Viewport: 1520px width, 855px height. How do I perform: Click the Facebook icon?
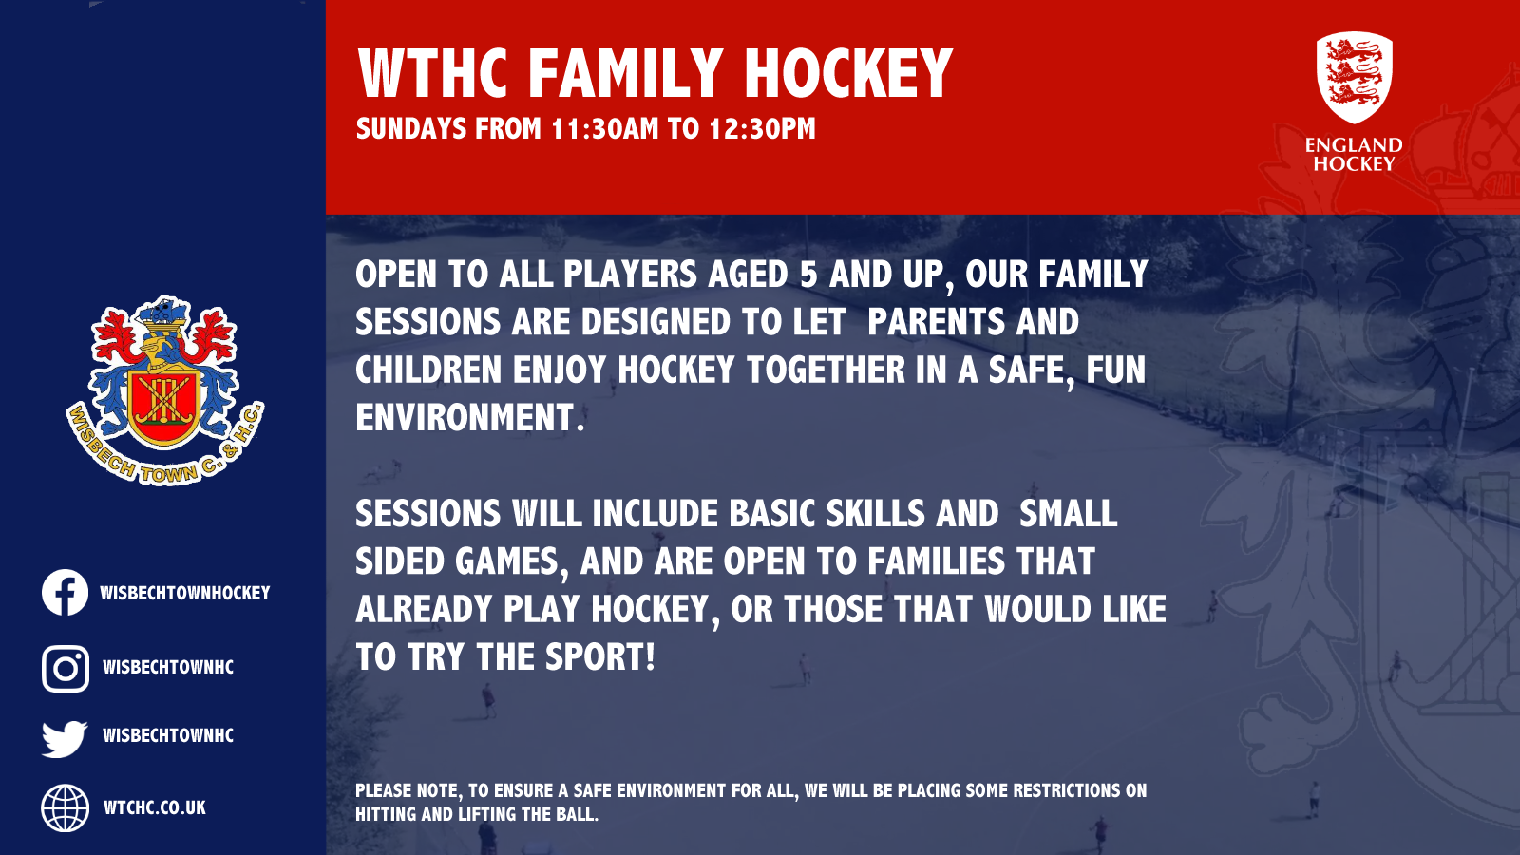tap(65, 593)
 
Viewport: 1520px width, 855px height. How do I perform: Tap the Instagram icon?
tap(65, 668)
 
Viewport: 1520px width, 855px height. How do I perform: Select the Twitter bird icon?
tap(65, 738)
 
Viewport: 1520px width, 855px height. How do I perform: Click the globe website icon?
tap(65, 808)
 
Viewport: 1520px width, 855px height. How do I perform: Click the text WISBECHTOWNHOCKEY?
tap(185, 594)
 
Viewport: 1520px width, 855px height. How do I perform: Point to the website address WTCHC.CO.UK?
tap(155, 808)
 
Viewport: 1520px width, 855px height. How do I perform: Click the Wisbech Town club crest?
tap(164, 389)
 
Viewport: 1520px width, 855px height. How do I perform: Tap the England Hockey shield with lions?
tap(1354, 77)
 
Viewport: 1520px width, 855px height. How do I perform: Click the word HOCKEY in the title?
tap(847, 74)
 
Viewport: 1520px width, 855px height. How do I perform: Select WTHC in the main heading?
tap(433, 74)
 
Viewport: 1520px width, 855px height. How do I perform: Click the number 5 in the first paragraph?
tap(808, 275)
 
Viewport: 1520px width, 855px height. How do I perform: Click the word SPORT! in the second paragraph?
tap(599, 657)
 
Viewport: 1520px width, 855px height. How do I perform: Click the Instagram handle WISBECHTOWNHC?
tap(168, 668)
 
